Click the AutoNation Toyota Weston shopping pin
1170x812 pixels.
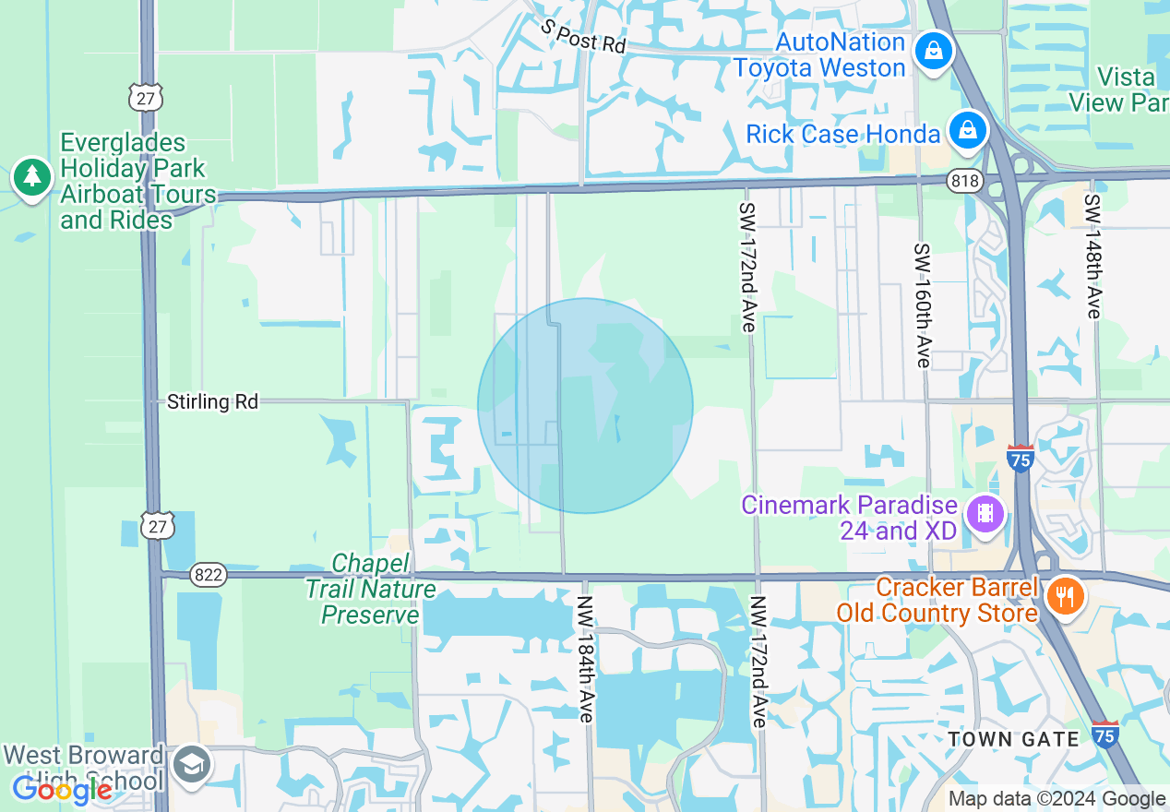pyautogui.click(x=934, y=52)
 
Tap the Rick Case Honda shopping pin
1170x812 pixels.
pyautogui.click(x=968, y=130)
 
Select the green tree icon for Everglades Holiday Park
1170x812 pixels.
pyautogui.click(x=32, y=177)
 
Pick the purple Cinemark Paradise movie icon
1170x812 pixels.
pyautogui.click(x=986, y=513)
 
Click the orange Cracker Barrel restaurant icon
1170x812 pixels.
pyautogui.click(x=1066, y=597)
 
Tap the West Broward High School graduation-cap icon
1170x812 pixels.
pyautogui.click(x=193, y=766)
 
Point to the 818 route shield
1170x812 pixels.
pyautogui.click(x=964, y=182)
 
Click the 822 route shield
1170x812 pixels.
pyautogui.click(x=209, y=575)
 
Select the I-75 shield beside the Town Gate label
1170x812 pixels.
pyautogui.click(x=1105, y=734)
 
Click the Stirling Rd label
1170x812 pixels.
pyautogui.click(x=212, y=401)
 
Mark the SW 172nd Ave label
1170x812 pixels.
pyautogui.click(x=746, y=268)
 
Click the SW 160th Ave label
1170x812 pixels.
pyautogui.click(x=923, y=304)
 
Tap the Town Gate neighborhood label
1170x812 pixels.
pyautogui.click(x=1013, y=739)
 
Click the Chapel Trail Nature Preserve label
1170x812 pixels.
pyautogui.click(x=371, y=589)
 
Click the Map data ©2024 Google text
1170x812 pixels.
pyautogui.click(x=1057, y=799)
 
